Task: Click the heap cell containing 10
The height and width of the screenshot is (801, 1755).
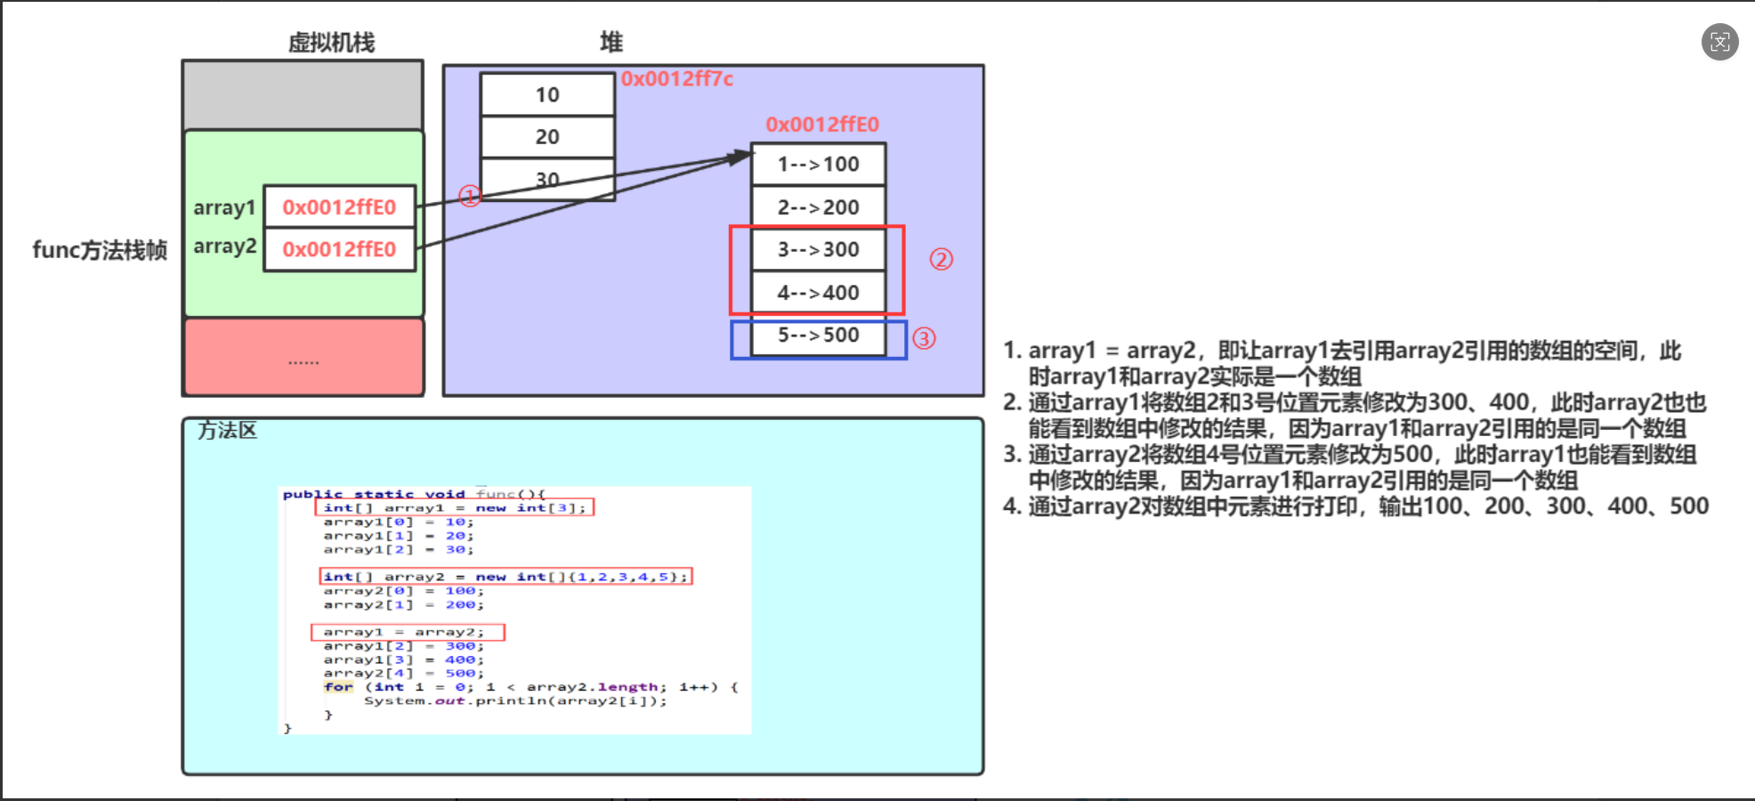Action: coord(547,95)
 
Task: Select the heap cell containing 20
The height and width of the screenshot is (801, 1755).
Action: coord(547,137)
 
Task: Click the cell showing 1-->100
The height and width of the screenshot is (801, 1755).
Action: coord(818,165)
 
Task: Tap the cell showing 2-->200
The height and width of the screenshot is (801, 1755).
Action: coord(818,207)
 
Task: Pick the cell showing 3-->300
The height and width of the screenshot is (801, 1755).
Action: coord(818,249)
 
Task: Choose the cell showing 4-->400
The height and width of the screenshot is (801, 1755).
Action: coord(818,293)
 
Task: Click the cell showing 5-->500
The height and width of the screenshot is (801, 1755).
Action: coord(818,336)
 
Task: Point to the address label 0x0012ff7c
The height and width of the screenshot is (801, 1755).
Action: coord(676,79)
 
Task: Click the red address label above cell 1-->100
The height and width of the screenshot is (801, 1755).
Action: coord(821,125)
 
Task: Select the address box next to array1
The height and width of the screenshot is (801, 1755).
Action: coord(339,207)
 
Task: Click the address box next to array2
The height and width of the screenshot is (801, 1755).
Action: coord(339,249)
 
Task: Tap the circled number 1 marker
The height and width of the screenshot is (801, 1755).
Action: coord(470,196)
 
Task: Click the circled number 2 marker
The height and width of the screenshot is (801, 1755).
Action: coord(941,259)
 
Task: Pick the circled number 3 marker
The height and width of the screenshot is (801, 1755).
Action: coord(924,338)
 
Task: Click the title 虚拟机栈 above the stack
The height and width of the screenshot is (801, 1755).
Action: coord(331,43)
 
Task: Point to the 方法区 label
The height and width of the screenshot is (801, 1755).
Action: coord(227,431)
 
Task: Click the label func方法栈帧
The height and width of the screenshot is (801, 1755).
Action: coord(100,250)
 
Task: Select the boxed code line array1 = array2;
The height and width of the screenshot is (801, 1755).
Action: coord(408,632)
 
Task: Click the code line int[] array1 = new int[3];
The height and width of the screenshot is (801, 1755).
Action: coord(454,507)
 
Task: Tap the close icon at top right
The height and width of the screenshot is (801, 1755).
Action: coord(1719,42)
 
